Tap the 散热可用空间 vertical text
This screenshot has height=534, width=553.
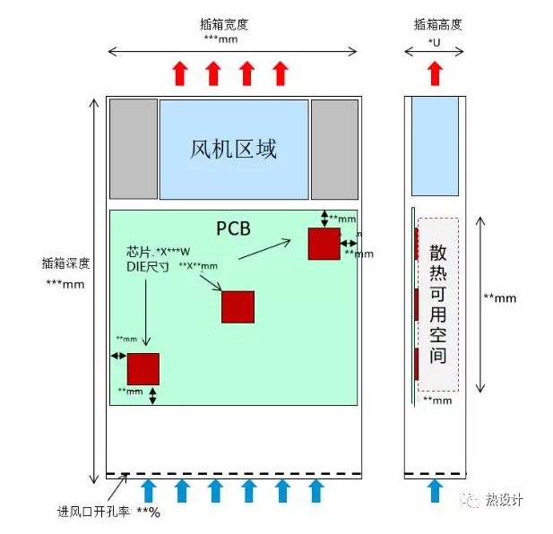(437, 304)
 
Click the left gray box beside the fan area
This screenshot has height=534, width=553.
(133, 149)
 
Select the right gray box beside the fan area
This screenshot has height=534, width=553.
(334, 149)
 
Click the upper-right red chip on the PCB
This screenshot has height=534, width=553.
(324, 244)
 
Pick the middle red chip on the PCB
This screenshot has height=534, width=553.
(238, 306)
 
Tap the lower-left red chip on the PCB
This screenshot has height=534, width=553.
(143, 369)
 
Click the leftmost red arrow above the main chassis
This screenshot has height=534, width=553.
(180, 73)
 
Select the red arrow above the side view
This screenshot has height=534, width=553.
(435, 73)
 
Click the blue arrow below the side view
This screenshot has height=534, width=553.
(435, 490)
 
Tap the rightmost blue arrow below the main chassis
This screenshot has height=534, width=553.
(315, 490)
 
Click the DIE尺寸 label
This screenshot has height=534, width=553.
(146, 266)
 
